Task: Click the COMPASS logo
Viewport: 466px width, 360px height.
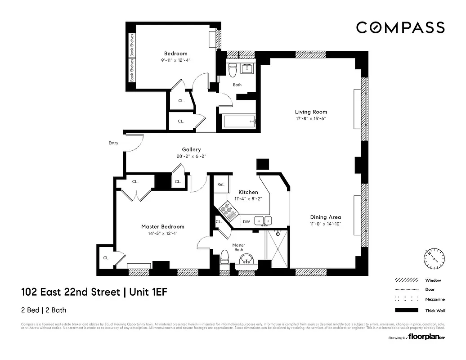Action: (x=400, y=27)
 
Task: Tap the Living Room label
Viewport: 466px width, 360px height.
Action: (x=311, y=112)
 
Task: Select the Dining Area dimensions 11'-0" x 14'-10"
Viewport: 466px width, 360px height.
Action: (x=325, y=224)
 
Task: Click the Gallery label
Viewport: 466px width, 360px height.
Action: (x=191, y=149)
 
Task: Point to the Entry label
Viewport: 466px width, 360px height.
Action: (x=113, y=143)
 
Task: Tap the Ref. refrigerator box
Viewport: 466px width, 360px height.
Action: (x=221, y=184)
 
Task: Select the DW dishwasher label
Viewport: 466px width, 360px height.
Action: (x=246, y=221)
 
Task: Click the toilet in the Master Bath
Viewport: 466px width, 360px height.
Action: (x=225, y=258)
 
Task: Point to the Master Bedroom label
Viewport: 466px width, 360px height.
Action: (x=162, y=226)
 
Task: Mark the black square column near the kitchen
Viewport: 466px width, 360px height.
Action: (x=262, y=164)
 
